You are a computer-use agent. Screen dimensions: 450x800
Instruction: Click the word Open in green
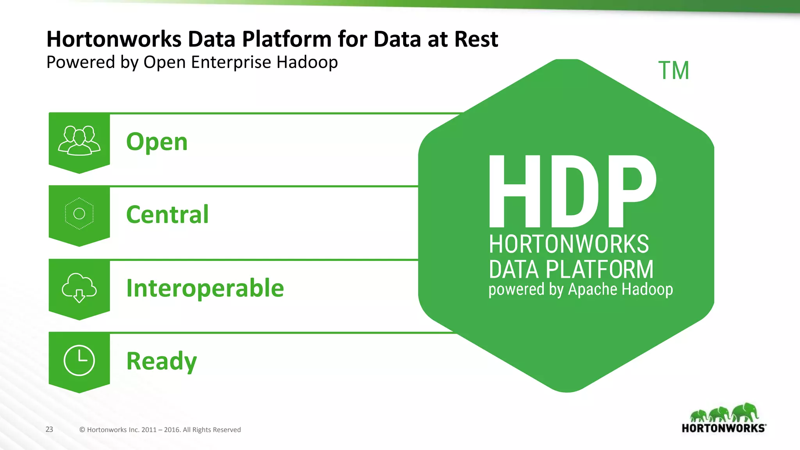(157, 142)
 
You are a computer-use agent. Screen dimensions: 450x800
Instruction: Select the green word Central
(167, 214)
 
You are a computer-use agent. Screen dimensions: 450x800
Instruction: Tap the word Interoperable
(205, 288)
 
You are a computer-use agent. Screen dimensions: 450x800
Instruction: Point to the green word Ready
(161, 361)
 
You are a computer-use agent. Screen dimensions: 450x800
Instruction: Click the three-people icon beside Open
(79, 141)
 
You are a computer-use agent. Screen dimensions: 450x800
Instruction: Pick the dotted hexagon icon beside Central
(79, 213)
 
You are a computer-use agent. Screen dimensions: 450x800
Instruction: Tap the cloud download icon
(79, 287)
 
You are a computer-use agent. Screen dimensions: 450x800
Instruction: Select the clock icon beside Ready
(79, 360)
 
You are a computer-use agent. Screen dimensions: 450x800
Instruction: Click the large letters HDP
(572, 191)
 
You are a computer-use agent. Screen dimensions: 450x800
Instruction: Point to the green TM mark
(674, 71)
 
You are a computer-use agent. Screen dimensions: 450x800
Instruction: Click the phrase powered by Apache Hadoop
(580, 289)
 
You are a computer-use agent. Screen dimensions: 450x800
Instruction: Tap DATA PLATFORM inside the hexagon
(571, 269)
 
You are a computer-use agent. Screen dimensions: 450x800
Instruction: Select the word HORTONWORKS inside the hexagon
(569, 244)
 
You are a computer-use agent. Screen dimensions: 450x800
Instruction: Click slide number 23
(49, 429)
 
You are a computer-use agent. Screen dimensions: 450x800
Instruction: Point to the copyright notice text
(160, 430)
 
